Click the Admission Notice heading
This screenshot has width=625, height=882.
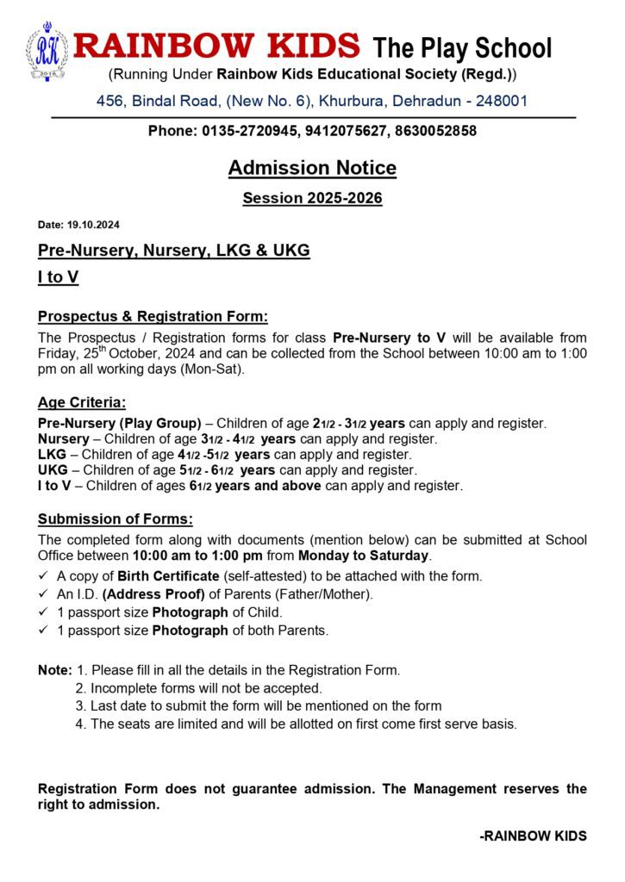pos(312,168)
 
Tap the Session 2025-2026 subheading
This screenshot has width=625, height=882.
pos(312,198)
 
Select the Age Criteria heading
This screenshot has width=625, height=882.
pos(82,402)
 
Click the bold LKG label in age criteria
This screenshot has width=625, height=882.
pos(53,454)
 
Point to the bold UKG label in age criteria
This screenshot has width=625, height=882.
pos(53,469)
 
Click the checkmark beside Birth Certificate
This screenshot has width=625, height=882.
pos(44,576)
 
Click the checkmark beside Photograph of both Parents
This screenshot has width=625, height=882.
pos(44,630)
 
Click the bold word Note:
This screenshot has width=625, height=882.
pos(55,669)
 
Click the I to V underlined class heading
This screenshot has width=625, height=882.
pos(59,279)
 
